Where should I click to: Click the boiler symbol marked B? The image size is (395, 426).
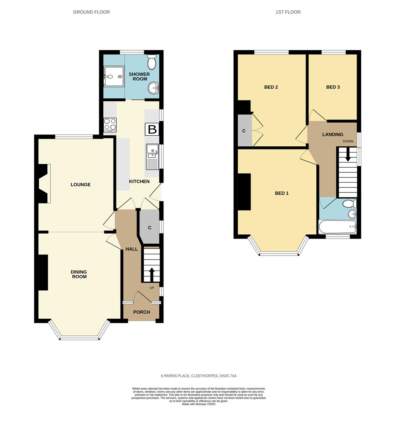pyautogui.click(x=152, y=129)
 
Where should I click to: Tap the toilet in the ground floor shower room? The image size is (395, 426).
pyautogui.click(x=152, y=62)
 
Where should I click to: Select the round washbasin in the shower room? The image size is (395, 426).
pyautogui.click(x=153, y=88)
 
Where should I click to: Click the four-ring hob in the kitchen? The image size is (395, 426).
pyautogui.click(x=110, y=125)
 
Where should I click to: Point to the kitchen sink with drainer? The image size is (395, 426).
pyautogui.click(x=152, y=157)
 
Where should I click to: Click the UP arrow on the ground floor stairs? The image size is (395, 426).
pyautogui.click(x=152, y=275)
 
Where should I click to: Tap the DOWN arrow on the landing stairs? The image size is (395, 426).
pyautogui.click(x=347, y=155)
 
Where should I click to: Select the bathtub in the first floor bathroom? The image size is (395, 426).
pyautogui.click(x=338, y=227)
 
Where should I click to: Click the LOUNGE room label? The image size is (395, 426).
pyautogui.click(x=81, y=185)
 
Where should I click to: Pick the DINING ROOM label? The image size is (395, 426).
pyautogui.click(x=79, y=274)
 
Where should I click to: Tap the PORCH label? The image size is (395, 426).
pyautogui.click(x=141, y=312)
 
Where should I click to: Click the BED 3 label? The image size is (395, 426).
pyautogui.click(x=333, y=87)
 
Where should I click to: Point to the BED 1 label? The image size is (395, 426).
pyautogui.click(x=282, y=193)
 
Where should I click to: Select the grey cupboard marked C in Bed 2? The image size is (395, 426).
pyautogui.click(x=245, y=131)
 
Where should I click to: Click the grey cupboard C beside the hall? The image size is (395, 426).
pyautogui.click(x=150, y=227)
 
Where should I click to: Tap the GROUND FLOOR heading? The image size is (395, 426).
pyautogui.click(x=91, y=12)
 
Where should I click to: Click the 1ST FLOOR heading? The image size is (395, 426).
pyautogui.click(x=288, y=12)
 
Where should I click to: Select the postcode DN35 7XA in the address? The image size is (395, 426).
pyautogui.click(x=228, y=376)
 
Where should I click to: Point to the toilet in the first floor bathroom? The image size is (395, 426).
pyautogui.click(x=349, y=204)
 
